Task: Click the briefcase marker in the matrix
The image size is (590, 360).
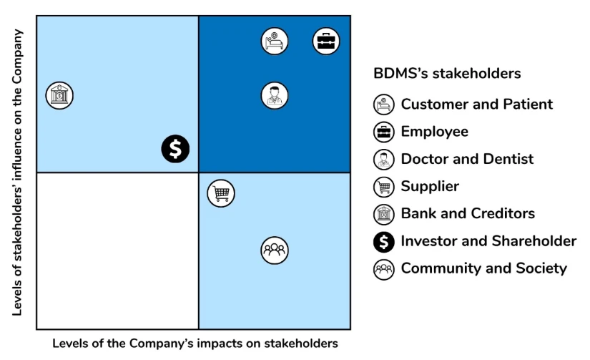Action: tap(326, 41)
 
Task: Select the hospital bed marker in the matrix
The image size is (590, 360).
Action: tap(275, 41)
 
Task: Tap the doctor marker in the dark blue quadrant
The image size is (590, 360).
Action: tap(275, 96)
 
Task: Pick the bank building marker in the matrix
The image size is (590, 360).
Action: tap(59, 96)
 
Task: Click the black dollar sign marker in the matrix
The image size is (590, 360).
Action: tap(175, 149)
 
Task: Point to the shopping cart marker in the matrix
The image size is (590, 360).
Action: tap(221, 193)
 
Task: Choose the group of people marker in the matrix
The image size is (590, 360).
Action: tap(275, 250)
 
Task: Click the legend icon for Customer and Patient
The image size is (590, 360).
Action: tap(384, 104)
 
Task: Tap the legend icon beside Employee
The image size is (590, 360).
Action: tap(384, 132)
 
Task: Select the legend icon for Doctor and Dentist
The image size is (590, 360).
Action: tap(384, 160)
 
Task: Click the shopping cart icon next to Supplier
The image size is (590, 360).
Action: tap(384, 187)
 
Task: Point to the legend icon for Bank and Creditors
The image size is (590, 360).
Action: tap(384, 214)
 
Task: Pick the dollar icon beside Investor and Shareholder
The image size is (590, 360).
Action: tap(384, 242)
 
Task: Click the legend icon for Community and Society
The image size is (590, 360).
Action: tap(384, 269)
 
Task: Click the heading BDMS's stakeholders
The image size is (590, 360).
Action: tap(447, 74)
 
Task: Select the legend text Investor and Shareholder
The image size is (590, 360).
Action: tap(488, 241)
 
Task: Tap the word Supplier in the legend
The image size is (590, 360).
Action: tap(430, 187)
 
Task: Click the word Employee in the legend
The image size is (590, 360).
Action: tap(435, 132)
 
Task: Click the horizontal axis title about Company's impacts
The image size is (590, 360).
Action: tap(195, 344)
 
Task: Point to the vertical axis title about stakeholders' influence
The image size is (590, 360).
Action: tap(17, 172)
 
